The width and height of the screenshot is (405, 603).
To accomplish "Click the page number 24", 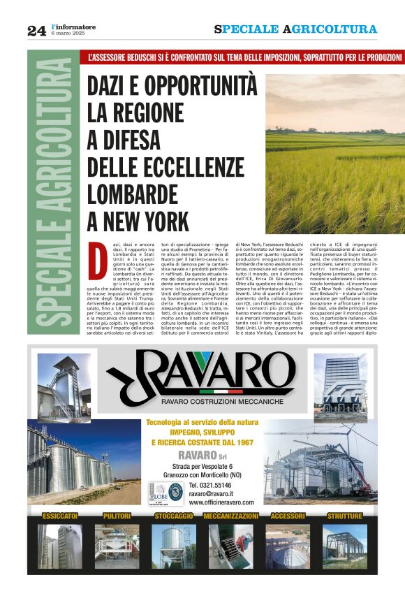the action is [36, 31].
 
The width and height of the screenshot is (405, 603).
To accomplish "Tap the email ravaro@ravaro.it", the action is [213, 493].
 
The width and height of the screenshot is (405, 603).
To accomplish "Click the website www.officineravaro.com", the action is [221, 502].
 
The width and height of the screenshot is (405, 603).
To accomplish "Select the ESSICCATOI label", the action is [60, 516].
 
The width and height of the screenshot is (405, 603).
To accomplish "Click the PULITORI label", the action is [117, 516].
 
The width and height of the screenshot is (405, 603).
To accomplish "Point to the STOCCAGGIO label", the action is [174, 516].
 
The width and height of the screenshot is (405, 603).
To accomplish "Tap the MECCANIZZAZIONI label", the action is [230, 516].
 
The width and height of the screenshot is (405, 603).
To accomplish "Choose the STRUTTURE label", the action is [344, 516].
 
